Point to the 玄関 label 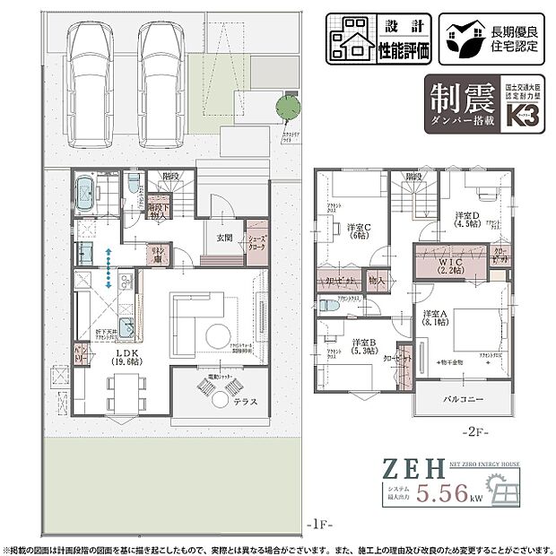pos(223,238)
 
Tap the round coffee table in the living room pos(217,337)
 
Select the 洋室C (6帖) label pos(360,232)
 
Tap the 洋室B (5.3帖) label pos(364,346)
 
